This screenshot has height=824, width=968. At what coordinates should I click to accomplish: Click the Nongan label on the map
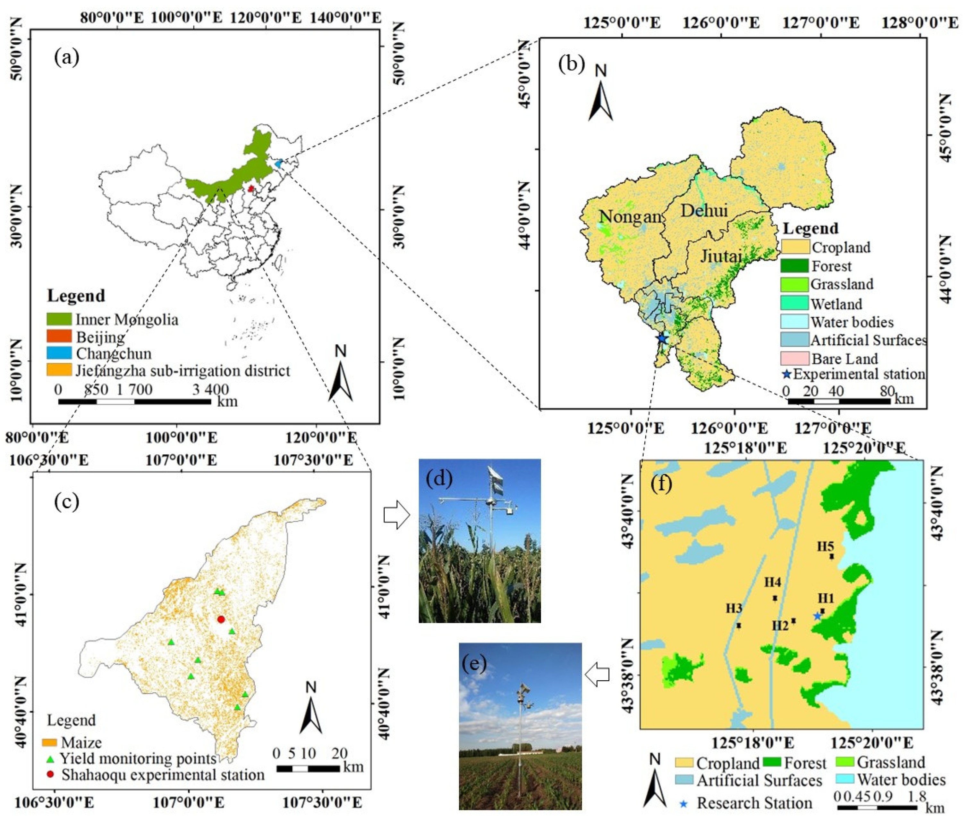tap(630, 217)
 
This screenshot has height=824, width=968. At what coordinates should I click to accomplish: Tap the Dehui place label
tap(704, 211)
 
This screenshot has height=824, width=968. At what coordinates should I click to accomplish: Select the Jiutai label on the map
tap(721, 256)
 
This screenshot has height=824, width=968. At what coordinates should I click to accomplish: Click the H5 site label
tap(826, 546)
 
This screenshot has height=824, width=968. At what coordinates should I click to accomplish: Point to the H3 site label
tap(734, 608)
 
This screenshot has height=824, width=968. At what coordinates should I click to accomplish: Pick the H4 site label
tap(773, 582)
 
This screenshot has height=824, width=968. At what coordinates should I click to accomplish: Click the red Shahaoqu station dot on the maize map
tap(221, 619)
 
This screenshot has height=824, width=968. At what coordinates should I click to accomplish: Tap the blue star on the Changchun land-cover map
tap(662, 338)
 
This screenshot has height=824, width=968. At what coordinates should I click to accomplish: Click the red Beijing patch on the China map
tap(251, 189)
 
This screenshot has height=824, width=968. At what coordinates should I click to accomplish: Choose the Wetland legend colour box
tap(794, 304)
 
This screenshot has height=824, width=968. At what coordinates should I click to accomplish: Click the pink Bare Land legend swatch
tap(794, 358)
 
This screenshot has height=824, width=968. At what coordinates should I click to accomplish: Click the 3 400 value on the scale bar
tap(211, 390)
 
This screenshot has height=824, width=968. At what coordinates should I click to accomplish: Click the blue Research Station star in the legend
tap(684, 804)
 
